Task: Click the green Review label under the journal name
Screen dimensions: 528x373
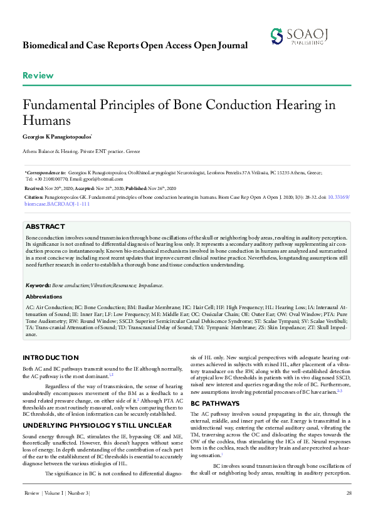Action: point(38,76)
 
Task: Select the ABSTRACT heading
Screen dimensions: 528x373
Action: point(46,226)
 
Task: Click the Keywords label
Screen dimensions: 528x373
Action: point(38,285)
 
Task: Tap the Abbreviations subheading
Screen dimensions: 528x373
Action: point(44,297)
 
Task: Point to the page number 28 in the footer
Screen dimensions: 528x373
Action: point(348,512)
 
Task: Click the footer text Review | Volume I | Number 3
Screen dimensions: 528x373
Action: point(56,512)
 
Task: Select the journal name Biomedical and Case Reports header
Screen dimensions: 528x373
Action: point(135,46)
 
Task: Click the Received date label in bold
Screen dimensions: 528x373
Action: point(33,188)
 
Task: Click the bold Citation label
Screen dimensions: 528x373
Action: point(34,196)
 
